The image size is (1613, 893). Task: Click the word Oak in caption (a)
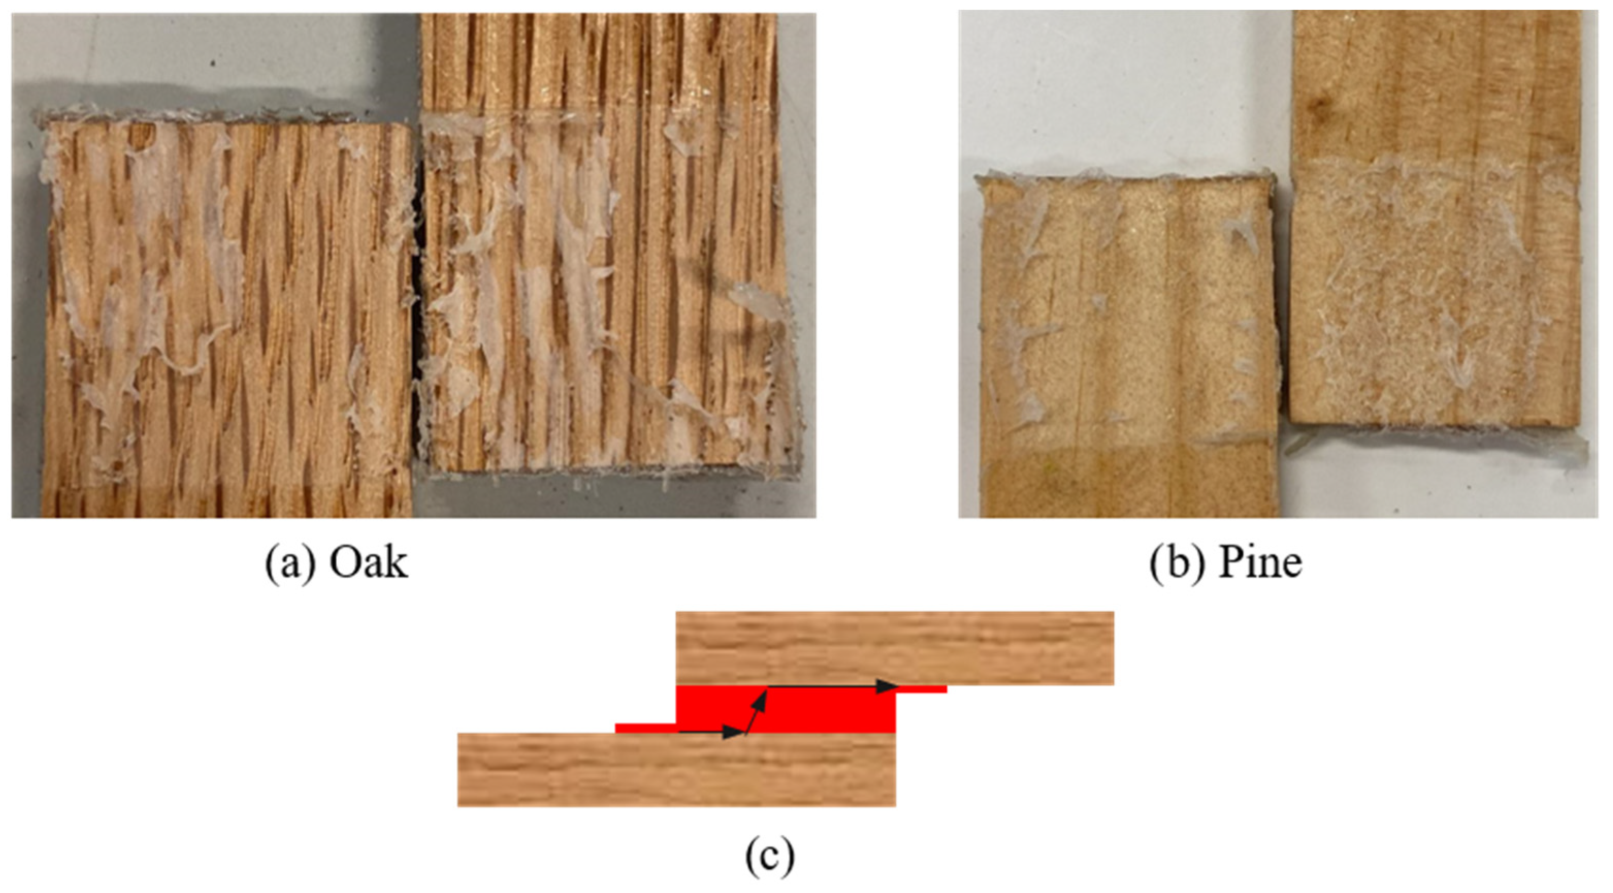click(x=369, y=563)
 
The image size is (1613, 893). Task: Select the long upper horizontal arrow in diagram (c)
click(x=833, y=686)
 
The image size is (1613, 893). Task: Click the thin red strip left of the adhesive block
click(x=646, y=727)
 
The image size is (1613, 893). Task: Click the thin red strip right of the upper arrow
click(x=921, y=689)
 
